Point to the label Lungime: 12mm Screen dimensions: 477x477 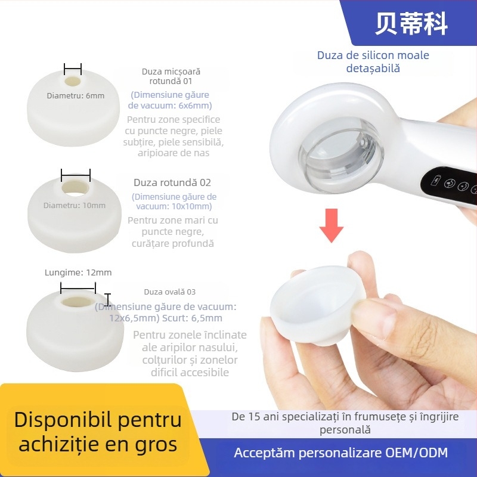point(78,272)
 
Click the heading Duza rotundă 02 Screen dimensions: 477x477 point(172,182)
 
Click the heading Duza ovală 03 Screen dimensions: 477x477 point(169,292)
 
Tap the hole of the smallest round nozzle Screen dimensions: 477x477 point(73,80)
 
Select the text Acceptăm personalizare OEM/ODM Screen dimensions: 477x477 point(340,453)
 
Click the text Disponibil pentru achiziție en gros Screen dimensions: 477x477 point(98,432)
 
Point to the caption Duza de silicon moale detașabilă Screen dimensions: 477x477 point(373,62)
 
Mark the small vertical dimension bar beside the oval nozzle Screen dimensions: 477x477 point(107,299)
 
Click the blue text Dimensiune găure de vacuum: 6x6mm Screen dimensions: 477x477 point(169,100)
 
